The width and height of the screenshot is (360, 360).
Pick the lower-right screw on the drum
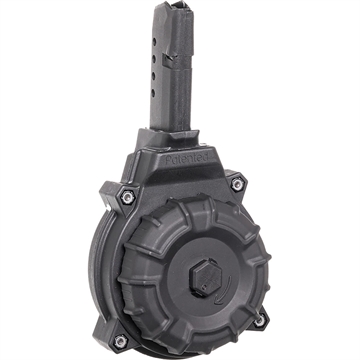pyautogui.click(x=263, y=321)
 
